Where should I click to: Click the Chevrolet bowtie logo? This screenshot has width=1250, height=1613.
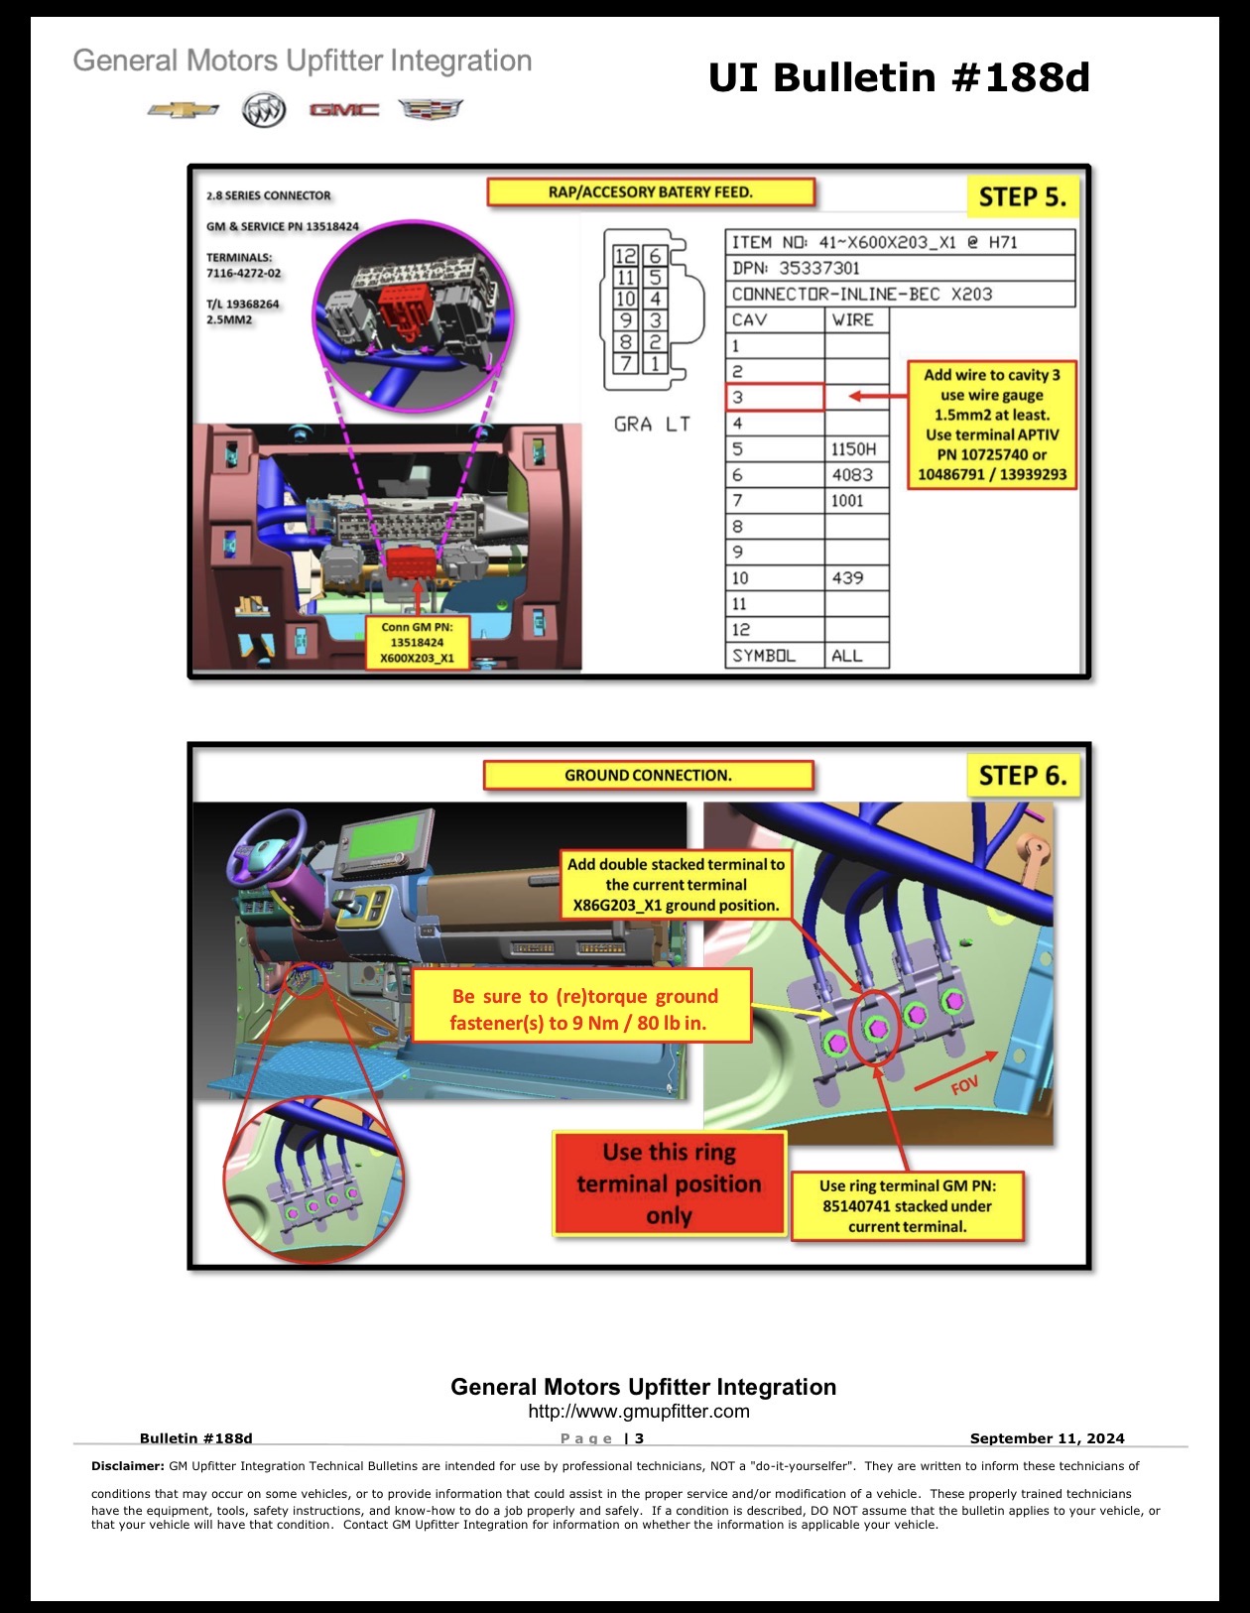[x=183, y=110]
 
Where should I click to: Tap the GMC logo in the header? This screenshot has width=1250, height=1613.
[x=343, y=110]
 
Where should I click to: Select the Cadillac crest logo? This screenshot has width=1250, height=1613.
[x=431, y=109]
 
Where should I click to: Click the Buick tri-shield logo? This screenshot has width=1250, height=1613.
[x=264, y=110]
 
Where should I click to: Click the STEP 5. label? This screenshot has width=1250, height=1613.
[x=1022, y=196]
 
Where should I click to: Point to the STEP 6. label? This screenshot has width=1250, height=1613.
[x=1023, y=776]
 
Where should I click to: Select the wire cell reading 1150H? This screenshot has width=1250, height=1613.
[x=856, y=448]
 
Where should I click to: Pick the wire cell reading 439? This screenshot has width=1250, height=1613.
[x=856, y=577]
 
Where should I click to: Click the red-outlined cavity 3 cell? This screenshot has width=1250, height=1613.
[x=775, y=397]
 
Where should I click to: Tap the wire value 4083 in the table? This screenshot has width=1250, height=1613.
[x=856, y=474]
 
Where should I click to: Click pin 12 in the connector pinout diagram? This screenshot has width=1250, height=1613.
[x=625, y=256]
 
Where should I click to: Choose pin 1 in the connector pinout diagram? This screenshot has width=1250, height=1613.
[x=655, y=364]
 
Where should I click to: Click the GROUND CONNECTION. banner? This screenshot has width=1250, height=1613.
[x=648, y=775]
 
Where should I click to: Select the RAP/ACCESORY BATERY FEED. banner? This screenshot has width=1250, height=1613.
[x=651, y=192]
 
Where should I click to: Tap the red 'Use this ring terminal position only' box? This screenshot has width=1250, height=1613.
[x=670, y=1183]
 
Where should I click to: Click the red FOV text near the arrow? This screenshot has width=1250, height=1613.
[x=965, y=1085]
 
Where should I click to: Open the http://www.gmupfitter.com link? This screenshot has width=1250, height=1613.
[x=639, y=1411]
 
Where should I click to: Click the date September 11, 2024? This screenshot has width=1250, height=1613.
[x=1047, y=1437]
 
